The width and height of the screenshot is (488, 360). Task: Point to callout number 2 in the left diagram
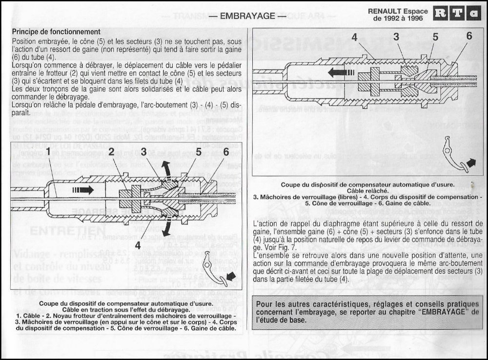112,152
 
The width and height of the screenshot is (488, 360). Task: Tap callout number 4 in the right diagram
354,37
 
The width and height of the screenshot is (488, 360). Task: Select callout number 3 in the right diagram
396,37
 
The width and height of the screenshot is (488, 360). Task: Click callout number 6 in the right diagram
469,36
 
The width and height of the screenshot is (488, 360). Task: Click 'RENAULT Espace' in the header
405,11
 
